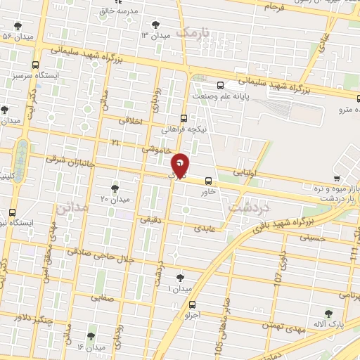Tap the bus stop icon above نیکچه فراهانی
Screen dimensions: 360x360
click(184, 118)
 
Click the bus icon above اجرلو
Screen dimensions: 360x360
click(192, 304)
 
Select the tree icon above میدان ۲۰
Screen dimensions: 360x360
click(115, 188)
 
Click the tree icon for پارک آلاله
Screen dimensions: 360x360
click(328, 313)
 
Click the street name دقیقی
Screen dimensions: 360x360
click(150, 219)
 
